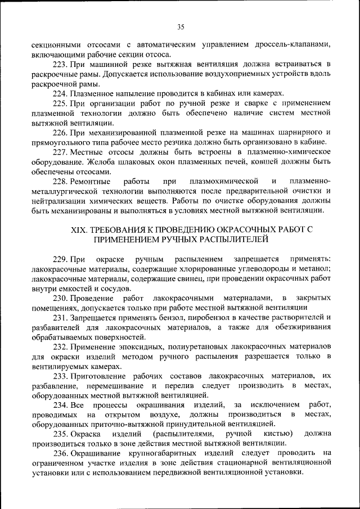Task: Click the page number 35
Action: click(x=181, y=26)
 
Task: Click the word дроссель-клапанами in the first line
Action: click(x=292, y=44)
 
